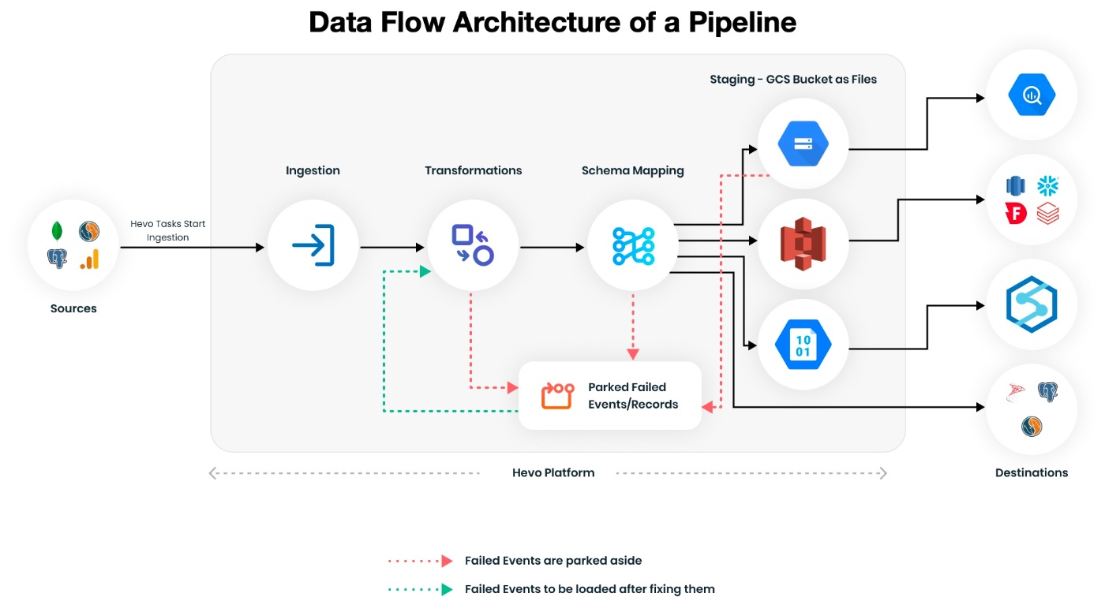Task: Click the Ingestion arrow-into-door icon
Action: click(313, 244)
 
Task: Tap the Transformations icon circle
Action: click(473, 244)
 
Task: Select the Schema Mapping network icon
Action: click(633, 244)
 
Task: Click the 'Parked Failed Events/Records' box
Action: click(609, 396)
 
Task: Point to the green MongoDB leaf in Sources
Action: click(57, 231)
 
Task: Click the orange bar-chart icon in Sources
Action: click(89, 259)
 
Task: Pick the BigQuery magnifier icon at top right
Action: click(1032, 95)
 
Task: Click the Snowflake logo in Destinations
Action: click(1048, 186)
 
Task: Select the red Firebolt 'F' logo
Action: click(1016, 213)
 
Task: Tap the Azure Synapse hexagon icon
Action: click(1032, 304)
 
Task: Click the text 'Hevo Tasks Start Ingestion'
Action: click(167, 230)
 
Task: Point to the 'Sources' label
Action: click(73, 308)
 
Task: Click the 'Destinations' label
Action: click(1032, 472)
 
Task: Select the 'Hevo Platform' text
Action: click(553, 472)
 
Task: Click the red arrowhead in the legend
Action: click(447, 561)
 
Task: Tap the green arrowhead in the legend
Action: click(447, 589)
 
